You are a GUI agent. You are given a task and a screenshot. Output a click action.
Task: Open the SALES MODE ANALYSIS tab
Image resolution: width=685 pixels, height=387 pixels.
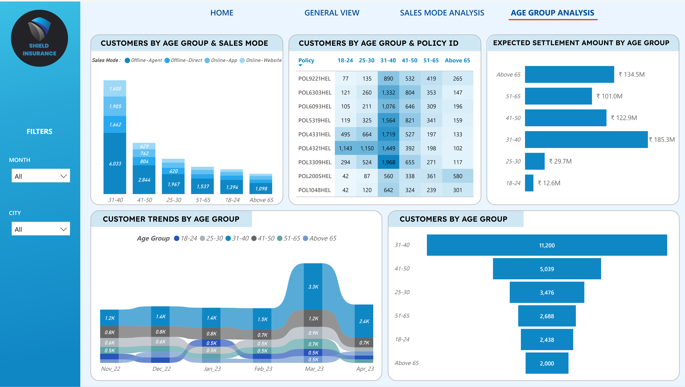(442, 13)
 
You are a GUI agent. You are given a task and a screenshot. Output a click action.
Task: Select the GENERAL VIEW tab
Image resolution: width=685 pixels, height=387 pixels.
(332, 13)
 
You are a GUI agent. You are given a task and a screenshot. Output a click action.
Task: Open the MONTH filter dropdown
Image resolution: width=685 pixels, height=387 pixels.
(41, 176)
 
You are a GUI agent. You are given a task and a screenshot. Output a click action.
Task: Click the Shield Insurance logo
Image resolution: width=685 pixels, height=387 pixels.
(39, 38)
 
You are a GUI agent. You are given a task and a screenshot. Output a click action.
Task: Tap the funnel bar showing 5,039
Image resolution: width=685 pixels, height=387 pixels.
(547, 269)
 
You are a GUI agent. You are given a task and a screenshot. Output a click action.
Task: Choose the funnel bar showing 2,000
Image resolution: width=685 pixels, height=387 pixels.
(547, 363)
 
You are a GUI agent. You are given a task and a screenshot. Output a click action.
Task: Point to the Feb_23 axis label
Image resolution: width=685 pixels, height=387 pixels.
(263, 369)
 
